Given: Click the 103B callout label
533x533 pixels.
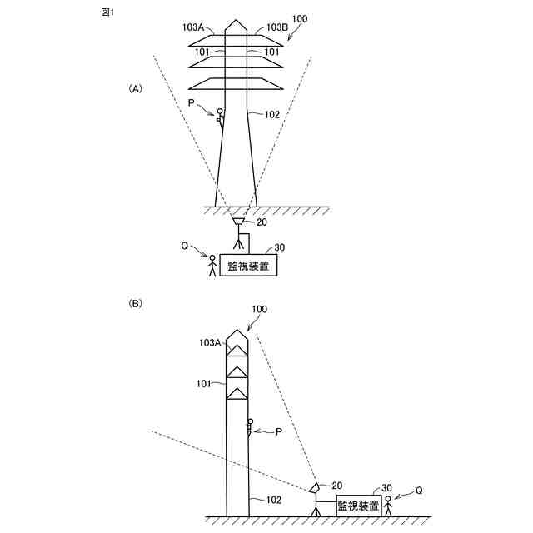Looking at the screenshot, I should (x=277, y=27).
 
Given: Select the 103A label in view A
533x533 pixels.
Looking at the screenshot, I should (x=193, y=27).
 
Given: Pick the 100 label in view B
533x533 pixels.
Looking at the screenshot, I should (x=260, y=309).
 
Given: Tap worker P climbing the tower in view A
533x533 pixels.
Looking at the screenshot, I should (x=221, y=117).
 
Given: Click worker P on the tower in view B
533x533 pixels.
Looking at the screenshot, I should (x=250, y=429).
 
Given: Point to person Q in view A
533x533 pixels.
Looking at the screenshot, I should (x=212, y=266).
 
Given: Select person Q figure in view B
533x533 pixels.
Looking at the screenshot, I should (x=388, y=505).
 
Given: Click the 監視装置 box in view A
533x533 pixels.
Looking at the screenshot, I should (x=248, y=266).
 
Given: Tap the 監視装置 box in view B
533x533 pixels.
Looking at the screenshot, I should (x=359, y=506).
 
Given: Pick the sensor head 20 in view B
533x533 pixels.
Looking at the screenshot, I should (x=315, y=487).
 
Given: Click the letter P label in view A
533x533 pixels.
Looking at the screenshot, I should (x=192, y=102).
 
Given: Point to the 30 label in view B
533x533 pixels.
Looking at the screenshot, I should (x=386, y=489).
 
